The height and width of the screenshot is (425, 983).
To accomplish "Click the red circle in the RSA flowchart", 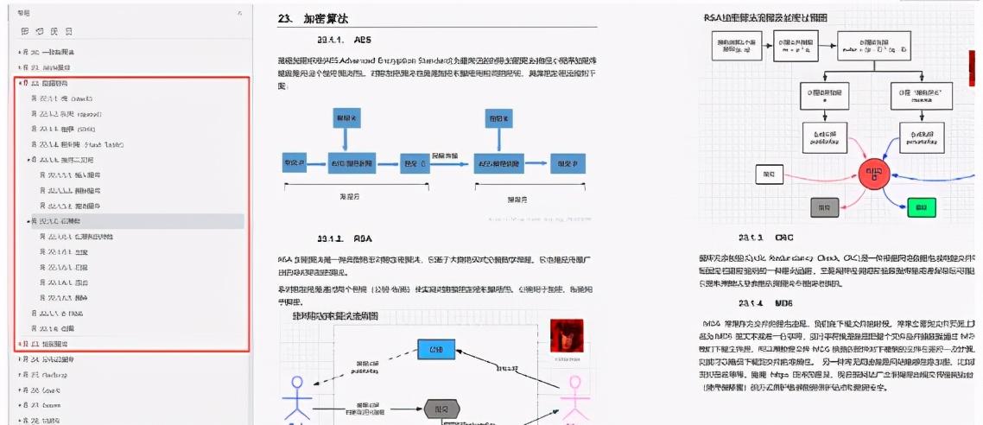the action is tap(873, 174).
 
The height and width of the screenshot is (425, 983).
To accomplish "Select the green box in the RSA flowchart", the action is tap(922, 206).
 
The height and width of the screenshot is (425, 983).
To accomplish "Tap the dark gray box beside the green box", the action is tap(825, 206).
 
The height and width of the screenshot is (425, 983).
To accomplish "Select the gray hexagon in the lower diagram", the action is tap(441, 409).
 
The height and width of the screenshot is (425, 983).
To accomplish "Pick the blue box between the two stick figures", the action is tap(436, 349).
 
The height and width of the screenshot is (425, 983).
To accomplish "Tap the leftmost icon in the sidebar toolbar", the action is tap(24, 31).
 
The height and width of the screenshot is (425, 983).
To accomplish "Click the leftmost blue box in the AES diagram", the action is tap(295, 162).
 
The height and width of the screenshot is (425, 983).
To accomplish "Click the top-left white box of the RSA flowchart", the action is tap(736, 47).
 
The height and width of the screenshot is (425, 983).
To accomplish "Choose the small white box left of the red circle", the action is tap(768, 174).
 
